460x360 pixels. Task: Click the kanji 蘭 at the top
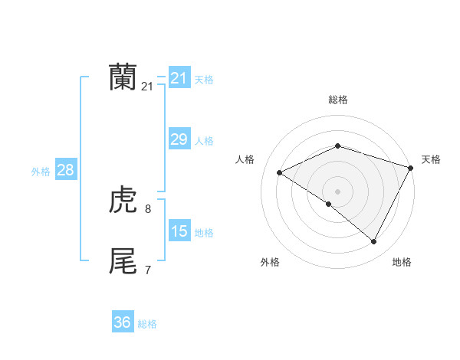[x=123, y=77]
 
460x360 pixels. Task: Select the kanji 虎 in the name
[x=123, y=201]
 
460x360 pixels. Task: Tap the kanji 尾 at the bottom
[x=123, y=261]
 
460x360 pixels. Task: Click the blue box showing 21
[x=179, y=78]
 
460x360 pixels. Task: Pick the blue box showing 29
[x=179, y=139]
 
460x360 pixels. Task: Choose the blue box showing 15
[x=179, y=231]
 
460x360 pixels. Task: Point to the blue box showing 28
[x=65, y=170]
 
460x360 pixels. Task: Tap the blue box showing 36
[x=123, y=322]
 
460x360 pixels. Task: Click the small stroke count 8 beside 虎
[x=148, y=208]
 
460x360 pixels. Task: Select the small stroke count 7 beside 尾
[x=148, y=270]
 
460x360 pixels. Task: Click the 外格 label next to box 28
[x=41, y=172]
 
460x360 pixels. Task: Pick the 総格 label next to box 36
[x=147, y=324]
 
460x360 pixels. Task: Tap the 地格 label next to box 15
[x=204, y=233]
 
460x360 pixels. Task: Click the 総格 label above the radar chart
[x=337, y=100]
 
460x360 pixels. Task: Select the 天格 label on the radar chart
[x=431, y=159]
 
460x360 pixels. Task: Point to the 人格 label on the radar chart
[x=245, y=159]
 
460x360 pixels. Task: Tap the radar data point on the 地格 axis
[x=374, y=242]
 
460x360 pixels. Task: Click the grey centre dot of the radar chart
[x=337, y=191]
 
